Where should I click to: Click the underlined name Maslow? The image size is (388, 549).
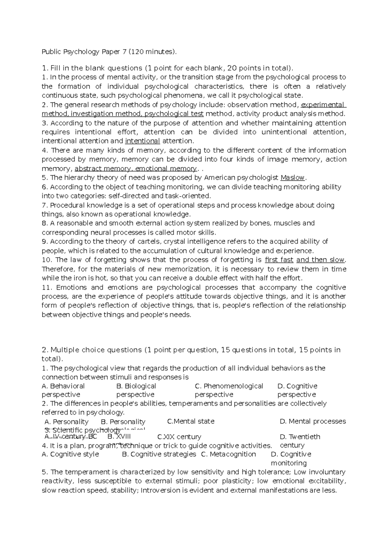(x=293, y=178)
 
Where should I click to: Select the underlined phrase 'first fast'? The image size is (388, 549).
(x=279, y=260)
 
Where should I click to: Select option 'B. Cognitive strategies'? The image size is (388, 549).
(x=159, y=454)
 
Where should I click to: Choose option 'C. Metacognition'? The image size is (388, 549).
(x=228, y=454)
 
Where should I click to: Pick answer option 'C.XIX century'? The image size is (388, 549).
(x=179, y=437)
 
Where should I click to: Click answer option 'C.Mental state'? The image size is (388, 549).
(x=191, y=421)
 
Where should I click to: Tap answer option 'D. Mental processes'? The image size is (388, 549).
(x=313, y=421)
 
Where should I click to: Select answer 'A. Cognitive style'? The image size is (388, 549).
(x=70, y=454)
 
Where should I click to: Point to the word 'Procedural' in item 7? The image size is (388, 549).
(x=66, y=205)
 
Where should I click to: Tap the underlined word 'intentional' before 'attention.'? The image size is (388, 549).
(x=142, y=141)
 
